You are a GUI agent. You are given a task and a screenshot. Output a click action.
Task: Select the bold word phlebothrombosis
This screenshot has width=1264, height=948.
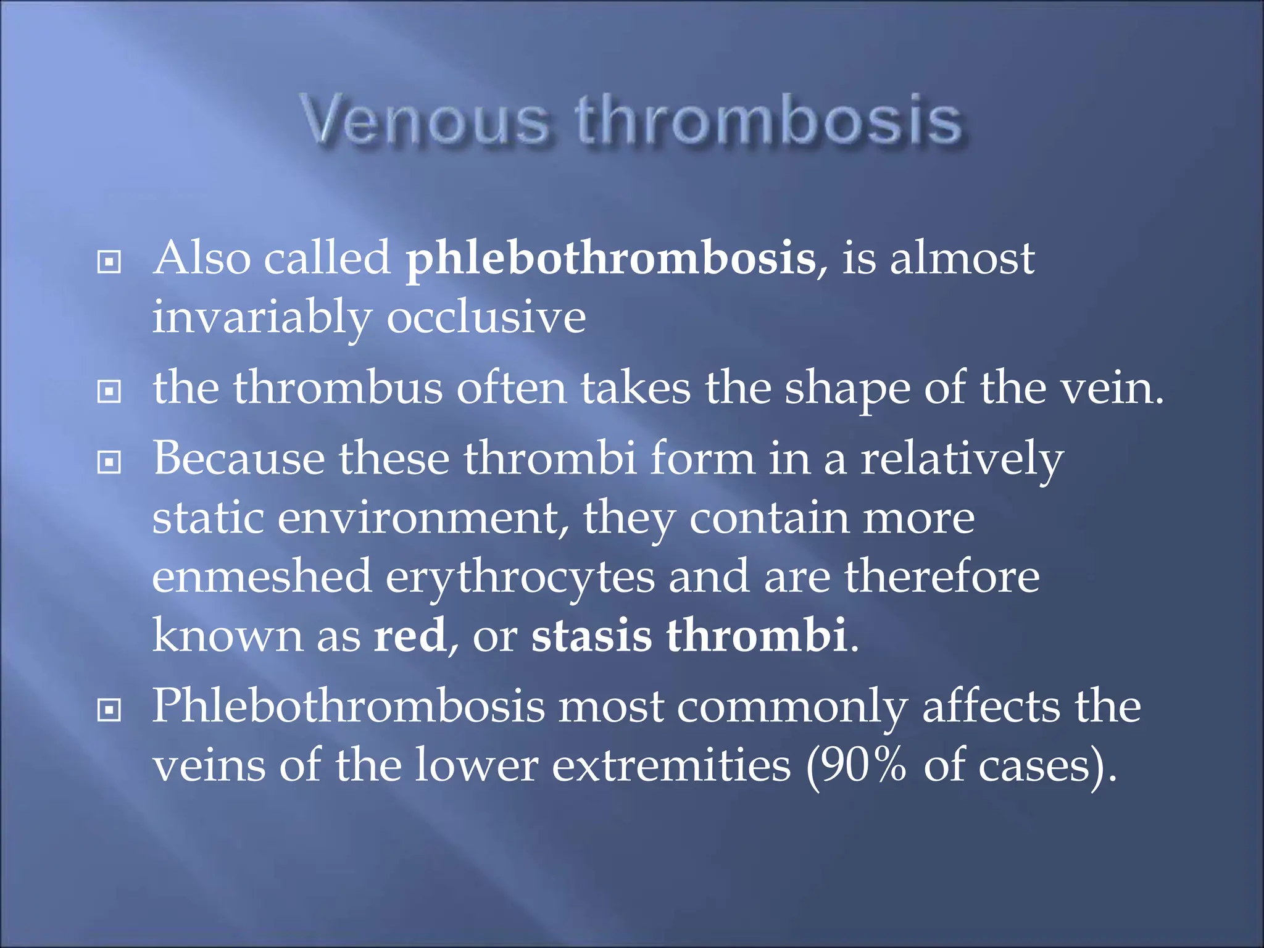(x=610, y=259)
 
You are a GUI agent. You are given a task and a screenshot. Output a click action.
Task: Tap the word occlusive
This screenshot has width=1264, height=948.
(x=486, y=318)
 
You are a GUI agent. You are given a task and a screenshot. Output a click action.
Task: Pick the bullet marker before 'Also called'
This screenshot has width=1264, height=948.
(x=109, y=262)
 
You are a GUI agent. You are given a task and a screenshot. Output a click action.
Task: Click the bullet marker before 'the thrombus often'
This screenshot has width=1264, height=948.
(x=109, y=391)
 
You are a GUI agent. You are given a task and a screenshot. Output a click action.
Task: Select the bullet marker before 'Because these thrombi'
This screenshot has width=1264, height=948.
(x=109, y=462)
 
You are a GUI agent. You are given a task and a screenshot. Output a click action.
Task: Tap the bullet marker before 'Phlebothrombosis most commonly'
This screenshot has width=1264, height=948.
(x=109, y=710)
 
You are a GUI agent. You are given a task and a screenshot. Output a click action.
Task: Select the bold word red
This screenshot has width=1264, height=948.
(x=410, y=636)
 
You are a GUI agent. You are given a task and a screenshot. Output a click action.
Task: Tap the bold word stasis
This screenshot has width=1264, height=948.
(x=591, y=636)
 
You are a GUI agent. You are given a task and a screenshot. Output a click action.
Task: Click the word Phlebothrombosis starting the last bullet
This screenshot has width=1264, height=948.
(x=348, y=707)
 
